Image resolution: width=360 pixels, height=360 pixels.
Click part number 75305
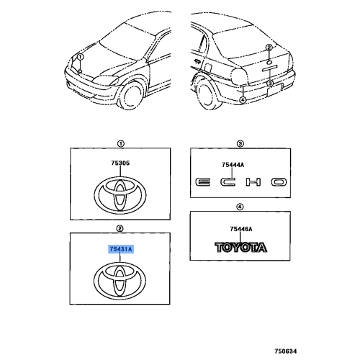pyautogui.click(x=120, y=163)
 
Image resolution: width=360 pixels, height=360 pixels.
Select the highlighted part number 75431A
pyautogui.click(x=121, y=249)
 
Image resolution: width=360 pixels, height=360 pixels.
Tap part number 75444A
pyautogui.click(x=233, y=165)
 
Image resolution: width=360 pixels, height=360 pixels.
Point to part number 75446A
pyautogui.click(x=241, y=229)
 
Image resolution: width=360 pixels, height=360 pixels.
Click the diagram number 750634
pyautogui.click(x=286, y=351)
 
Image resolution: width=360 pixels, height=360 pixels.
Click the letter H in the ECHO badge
pyautogui.click(x=253, y=182)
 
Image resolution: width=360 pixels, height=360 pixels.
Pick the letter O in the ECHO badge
pyautogui.click(x=279, y=182)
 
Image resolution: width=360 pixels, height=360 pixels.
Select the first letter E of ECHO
pyautogui.click(x=202, y=182)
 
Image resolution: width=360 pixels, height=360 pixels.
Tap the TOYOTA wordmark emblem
pyautogui.click(x=240, y=248)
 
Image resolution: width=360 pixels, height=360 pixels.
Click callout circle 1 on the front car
pyautogui.click(x=81, y=57)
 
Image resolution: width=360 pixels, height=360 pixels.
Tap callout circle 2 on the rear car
pyautogui.click(x=269, y=48)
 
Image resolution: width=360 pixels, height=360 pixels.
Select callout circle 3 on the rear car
pyautogui.click(x=270, y=84)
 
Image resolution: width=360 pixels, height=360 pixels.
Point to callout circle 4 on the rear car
pyautogui.click(x=243, y=99)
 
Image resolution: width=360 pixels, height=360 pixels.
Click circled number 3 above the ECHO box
pyautogui.click(x=240, y=144)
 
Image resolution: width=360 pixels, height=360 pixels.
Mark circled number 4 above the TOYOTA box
pyautogui.click(x=240, y=207)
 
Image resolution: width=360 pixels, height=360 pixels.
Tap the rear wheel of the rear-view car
pyautogui.click(x=208, y=94)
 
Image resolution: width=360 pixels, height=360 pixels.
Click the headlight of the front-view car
pyautogui.click(x=105, y=81)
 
